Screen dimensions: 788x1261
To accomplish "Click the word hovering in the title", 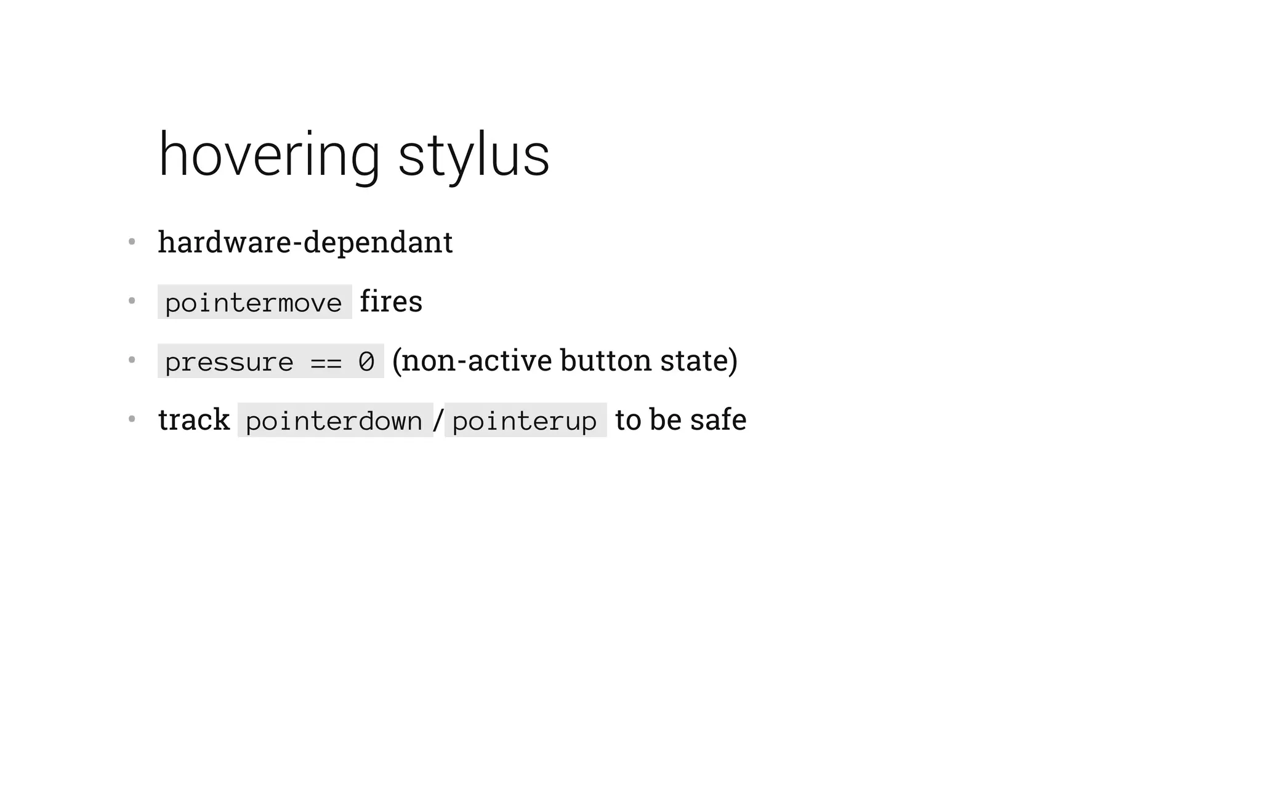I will [x=269, y=155].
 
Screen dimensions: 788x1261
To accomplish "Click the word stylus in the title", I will [x=473, y=155].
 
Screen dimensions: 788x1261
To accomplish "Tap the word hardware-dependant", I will [x=305, y=242].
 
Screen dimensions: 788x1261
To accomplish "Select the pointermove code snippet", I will [x=254, y=302].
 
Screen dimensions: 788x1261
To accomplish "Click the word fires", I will [x=391, y=302].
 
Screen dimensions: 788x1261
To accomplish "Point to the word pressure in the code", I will [x=229, y=361].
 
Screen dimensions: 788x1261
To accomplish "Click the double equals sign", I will [x=326, y=362].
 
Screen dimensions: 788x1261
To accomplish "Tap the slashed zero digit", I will [x=366, y=361].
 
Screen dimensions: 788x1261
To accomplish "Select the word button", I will [x=606, y=361].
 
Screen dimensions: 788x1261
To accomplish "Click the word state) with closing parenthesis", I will [x=699, y=361].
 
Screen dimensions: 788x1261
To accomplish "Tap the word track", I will [x=194, y=420].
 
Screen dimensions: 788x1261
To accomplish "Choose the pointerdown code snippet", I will [x=334, y=420].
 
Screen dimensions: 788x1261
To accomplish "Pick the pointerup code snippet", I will [x=525, y=420].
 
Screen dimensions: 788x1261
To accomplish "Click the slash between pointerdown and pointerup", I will [x=438, y=420].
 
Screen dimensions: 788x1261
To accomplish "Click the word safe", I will [x=718, y=420].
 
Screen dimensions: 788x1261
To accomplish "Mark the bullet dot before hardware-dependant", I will [x=131, y=242].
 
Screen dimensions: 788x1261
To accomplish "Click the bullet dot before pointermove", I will [x=131, y=301].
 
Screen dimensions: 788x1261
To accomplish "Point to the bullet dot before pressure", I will [x=131, y=360].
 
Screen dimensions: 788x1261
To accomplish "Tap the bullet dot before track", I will [x=131, y=419].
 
